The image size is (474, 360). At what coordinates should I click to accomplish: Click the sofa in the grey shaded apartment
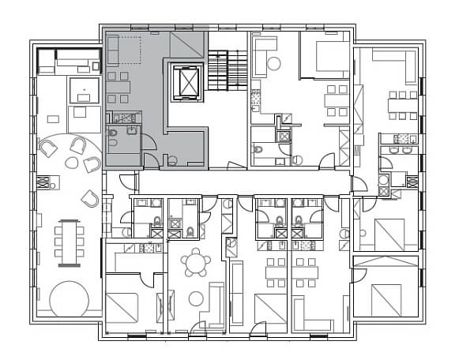pos(111,51)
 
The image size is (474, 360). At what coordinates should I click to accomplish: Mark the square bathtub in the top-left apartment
pos(83,92)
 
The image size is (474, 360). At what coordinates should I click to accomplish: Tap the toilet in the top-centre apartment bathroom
pos(258,148)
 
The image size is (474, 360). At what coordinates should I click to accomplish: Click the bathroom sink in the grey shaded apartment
pos(131,130)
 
